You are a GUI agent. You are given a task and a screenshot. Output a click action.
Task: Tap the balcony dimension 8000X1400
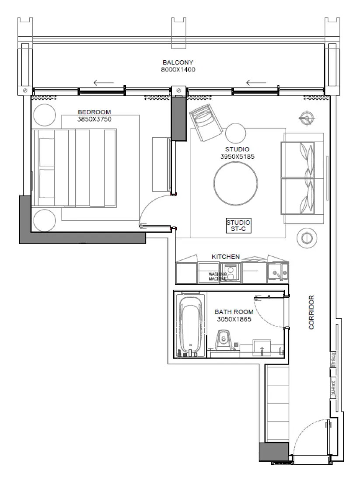pos(178,69)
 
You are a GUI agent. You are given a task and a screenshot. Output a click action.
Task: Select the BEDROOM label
pos(94,112)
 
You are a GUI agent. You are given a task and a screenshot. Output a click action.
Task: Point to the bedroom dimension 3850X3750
pos(94,119)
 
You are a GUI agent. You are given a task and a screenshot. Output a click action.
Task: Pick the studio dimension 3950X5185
pos(238,156)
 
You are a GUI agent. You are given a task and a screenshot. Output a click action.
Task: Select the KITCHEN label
pos(226,257)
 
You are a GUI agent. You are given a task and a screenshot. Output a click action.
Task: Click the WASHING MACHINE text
pos(217,276)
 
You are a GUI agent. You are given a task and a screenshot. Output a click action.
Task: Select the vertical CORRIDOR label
pos(311,312)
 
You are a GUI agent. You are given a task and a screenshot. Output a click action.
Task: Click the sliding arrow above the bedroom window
pos(104,82)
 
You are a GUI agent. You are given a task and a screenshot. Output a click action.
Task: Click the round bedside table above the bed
pos(43,115)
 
